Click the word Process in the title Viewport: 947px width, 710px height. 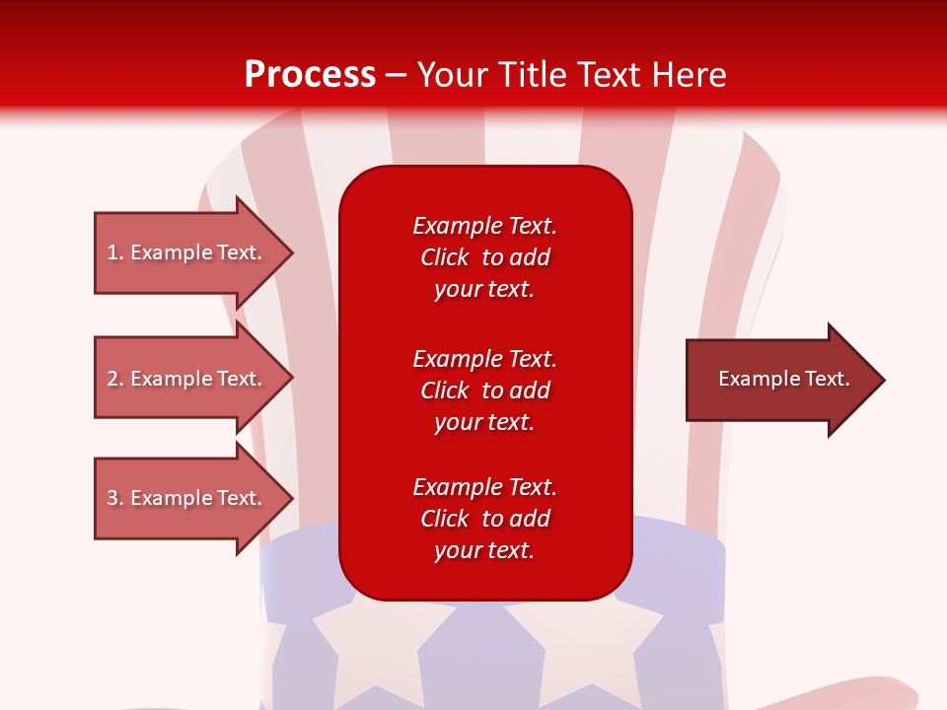tap(310, 75)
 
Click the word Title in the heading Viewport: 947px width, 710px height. tap(533, 75)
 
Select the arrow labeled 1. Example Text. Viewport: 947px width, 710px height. tap(187, 252)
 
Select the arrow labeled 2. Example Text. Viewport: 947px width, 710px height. tap(187, 379)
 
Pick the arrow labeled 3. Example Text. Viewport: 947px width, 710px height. tap(187, 498)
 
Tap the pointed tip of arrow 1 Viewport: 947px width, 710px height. tap(290, 252)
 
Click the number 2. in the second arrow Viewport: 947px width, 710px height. tap(114, 379)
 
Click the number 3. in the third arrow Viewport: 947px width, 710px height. tap(114, 498)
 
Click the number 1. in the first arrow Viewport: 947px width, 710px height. tap(114, 252)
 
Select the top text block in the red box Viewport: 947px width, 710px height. tap(484, 257)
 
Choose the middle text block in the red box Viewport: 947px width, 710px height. tap(484, 390)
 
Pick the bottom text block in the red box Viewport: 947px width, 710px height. tap(484, 519)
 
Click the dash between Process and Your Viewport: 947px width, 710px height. tap(397, 76)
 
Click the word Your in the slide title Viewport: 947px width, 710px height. tap(452, 75)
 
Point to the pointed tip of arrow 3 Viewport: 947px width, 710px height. tap(290, 498)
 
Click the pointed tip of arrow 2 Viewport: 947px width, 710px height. tap(290, 379)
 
